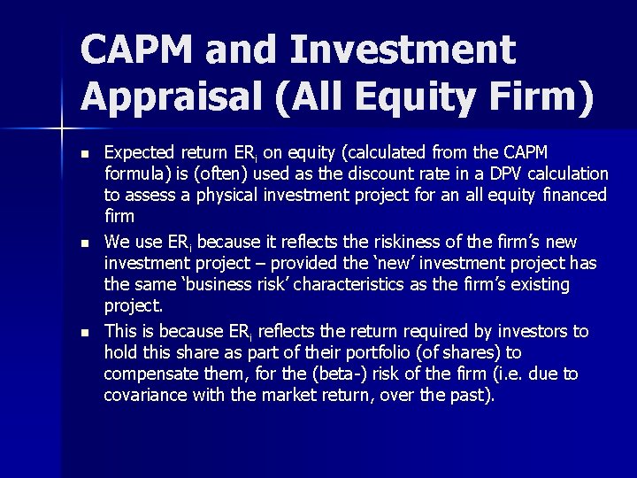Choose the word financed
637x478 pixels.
pos(576,196)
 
